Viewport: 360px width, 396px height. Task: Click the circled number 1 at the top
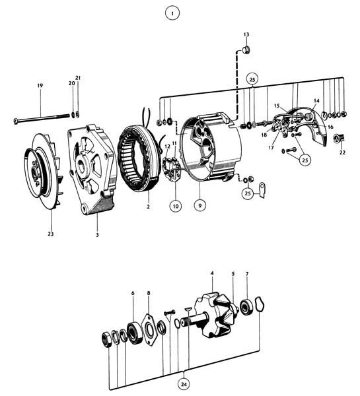click(x=172, y=13)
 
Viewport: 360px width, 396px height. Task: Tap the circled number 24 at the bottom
click(x=184, y=384)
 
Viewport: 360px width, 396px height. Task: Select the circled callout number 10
click(x=176, y=206)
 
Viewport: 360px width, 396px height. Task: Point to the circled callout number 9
click(x=200, y=205)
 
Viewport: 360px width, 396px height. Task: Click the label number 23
click(x=51, y=234)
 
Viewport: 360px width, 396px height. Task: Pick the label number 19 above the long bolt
click(x=40, y=86)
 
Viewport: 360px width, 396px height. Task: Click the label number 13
click(x=246, y=34)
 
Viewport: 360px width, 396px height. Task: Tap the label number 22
click(x=342, y=152)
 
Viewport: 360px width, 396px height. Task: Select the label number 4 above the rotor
click(x=212, y=273)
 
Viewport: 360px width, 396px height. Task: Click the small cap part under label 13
click(x=246, y=50)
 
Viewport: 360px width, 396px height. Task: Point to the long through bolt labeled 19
click(x=42, y=118)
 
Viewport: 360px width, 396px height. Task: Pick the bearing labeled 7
click(x=246, y=306)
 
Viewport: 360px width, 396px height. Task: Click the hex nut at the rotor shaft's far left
click(x=106, y=340)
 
